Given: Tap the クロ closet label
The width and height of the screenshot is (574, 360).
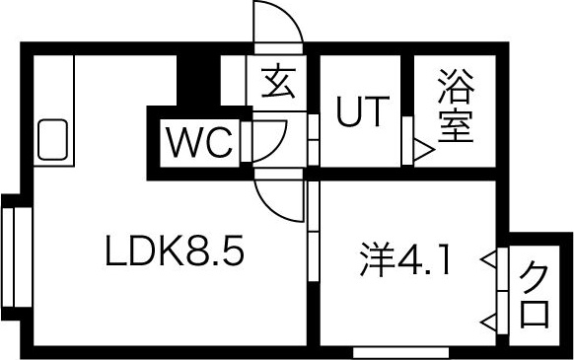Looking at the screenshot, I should (534, 294).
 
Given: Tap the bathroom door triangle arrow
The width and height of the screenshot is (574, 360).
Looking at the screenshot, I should (422, 152).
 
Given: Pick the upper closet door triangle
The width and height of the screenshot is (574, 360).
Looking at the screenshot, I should (488, 260).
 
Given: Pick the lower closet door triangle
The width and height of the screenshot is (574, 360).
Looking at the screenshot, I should (488, 319).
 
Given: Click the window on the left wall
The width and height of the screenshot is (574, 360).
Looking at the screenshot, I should (14, 255).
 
